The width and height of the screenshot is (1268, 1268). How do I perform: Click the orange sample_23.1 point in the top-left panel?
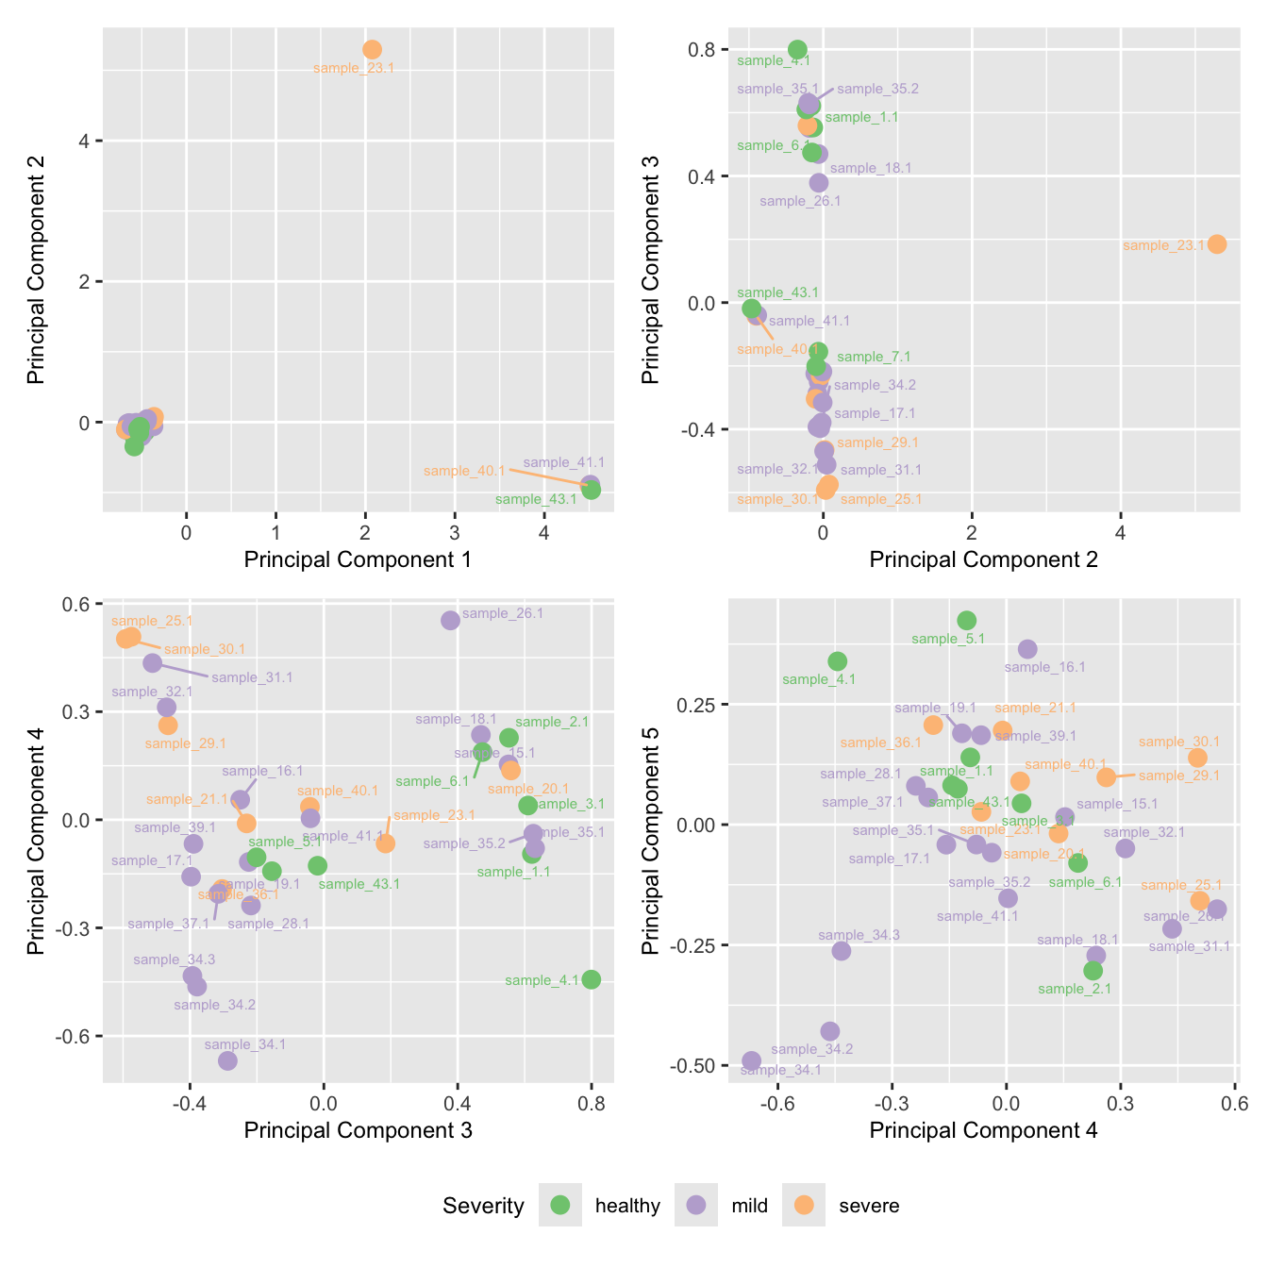373,49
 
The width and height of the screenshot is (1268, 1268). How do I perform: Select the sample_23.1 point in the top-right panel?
1217,244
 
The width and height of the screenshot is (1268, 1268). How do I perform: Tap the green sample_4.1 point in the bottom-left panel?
591,979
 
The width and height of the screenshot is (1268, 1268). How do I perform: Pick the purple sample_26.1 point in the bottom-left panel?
450,620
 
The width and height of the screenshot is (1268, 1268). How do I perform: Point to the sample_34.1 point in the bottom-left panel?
227,1060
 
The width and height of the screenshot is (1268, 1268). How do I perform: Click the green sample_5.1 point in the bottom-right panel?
966,620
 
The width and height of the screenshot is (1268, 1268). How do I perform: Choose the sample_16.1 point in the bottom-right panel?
1027,649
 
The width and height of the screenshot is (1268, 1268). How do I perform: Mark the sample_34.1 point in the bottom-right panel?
751,1060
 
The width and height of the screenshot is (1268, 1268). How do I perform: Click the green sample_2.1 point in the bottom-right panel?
1093,971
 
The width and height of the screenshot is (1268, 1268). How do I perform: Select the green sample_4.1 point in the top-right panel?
797,49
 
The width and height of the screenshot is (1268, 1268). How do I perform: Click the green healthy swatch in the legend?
560,1205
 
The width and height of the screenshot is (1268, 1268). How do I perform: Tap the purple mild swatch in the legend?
696,1205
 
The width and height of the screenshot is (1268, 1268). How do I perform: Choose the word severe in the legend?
868,1206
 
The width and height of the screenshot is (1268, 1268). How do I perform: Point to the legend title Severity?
483,1206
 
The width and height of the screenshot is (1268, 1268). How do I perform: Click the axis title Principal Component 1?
358,559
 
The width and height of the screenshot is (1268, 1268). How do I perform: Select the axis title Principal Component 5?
650,839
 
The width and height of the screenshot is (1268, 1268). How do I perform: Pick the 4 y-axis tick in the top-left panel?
85,142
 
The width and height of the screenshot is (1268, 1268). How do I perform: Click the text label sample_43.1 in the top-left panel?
536,499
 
